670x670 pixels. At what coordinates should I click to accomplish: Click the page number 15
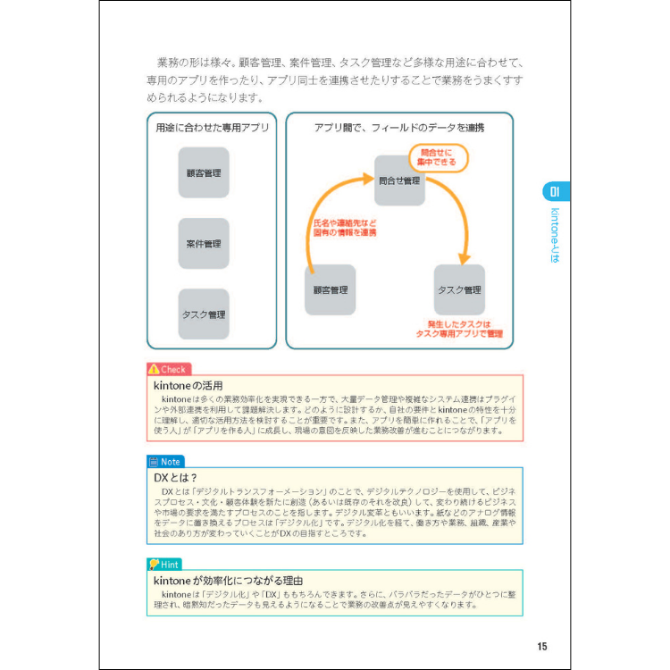pyautogui.click(x=541, y=647)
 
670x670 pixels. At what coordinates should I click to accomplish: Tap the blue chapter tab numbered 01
pyautogui.click(x=555, y=191)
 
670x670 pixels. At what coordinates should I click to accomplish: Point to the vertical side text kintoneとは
pyautogui.click(x=555, y=235)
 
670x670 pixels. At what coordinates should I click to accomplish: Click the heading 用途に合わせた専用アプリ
pyautogui.click(x=212, y=128)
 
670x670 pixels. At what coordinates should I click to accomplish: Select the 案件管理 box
pyautogui.click(x=204, y=243)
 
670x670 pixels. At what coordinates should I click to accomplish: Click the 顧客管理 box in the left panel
pyautogui.click(x=204, y=172)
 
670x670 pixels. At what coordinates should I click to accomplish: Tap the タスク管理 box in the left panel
pyautogui.click(x=204, y=314)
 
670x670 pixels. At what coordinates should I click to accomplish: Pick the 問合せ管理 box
pyautogui.click(x=399, y=180)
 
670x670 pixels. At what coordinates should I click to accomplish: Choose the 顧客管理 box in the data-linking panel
pyautogui.click(x=330, y=289)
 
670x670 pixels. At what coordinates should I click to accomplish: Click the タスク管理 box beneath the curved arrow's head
pyautogui.click(x=459, y=289)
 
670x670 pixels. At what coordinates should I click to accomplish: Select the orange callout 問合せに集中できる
pyautogui.click(x=438, y=158)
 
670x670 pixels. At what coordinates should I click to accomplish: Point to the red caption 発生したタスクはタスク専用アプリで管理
pyautogui.click(x=459, y=329)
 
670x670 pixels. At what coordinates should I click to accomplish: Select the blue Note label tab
pyautogui.click(x=165, y=462)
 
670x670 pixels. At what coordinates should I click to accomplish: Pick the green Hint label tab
pyautogui.click(x=164, y=564)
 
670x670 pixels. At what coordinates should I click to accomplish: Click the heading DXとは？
pyautogui.click(x=175, y=478)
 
